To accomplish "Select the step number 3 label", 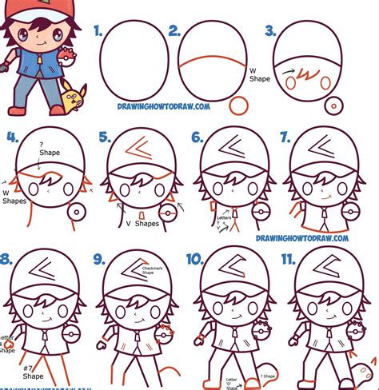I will [x=269, y=33].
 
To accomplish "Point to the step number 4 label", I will [x=10, y=137].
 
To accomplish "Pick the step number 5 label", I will [x=104, y=137].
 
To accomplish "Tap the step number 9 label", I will [x=99, y=258].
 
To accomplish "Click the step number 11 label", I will [x=289, y=258].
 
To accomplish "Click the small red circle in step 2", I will [x=237, y=105].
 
